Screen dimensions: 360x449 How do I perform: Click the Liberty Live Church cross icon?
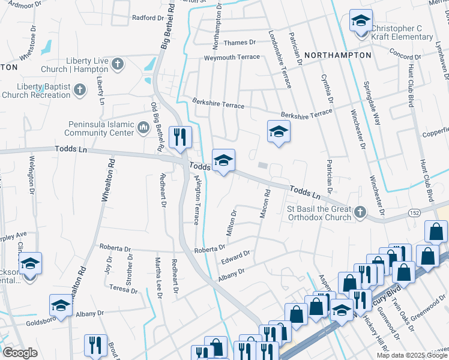(118, 64)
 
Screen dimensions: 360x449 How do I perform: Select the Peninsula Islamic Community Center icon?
(143, 127)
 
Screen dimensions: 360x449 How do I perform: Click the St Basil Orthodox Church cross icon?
(360, 211)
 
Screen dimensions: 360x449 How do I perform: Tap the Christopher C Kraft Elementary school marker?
(360, 22)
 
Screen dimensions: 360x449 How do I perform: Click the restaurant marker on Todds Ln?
(179, 138)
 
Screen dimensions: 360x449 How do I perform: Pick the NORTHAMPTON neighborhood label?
(337, 55)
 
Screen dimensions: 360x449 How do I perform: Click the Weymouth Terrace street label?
(232, 58)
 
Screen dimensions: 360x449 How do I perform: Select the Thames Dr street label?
(240, 43)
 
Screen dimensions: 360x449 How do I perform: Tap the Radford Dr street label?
(148, 18)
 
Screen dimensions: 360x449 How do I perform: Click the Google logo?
(20, 352)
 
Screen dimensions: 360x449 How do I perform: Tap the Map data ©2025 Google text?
(412, 355)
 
